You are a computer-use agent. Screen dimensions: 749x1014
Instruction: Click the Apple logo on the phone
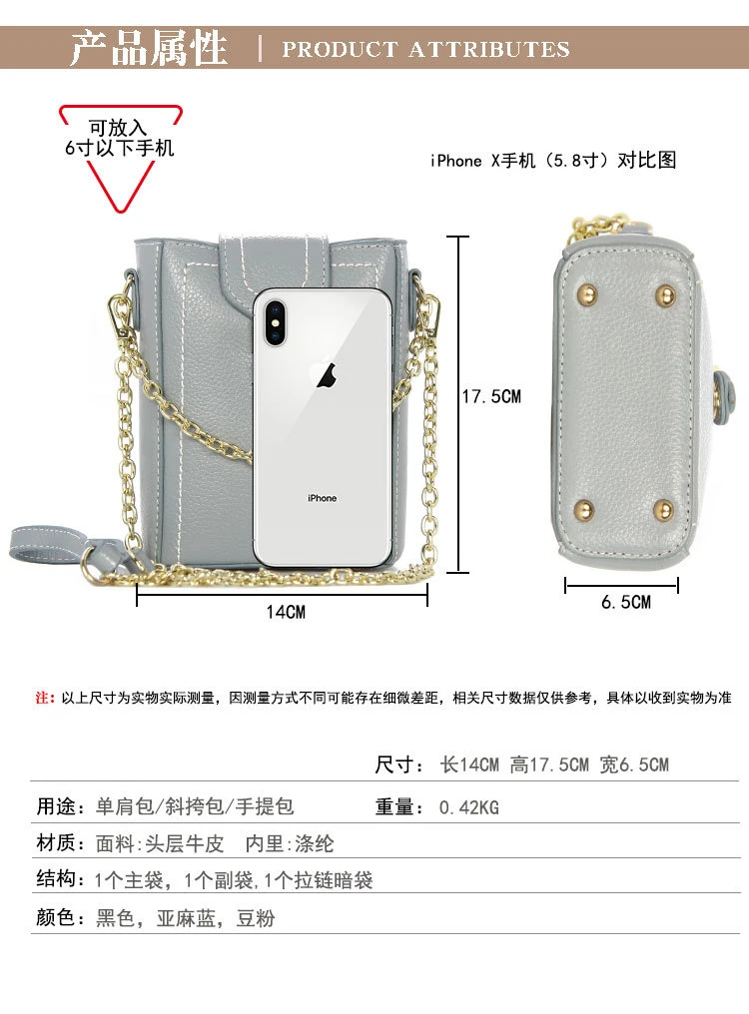click(325, 375)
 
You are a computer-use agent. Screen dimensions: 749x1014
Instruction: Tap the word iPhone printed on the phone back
click(322, 498)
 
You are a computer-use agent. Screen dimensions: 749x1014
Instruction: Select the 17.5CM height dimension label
click(490, 396)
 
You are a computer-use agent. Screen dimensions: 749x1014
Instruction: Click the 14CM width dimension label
click(285, 611)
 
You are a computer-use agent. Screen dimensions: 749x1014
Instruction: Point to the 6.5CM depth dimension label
click(625, 602)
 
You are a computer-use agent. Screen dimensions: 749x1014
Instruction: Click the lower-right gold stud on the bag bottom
click(663, 512)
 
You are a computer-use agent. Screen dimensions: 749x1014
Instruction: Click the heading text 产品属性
click(149, 48)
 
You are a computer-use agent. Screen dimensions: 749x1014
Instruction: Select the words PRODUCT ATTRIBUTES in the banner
click(425, 49)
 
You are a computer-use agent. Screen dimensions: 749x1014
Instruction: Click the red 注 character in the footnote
click(43, 698)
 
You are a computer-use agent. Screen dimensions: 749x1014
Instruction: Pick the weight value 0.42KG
click(468, 807)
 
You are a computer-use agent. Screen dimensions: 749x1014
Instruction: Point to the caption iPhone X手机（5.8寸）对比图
click(553, 160)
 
